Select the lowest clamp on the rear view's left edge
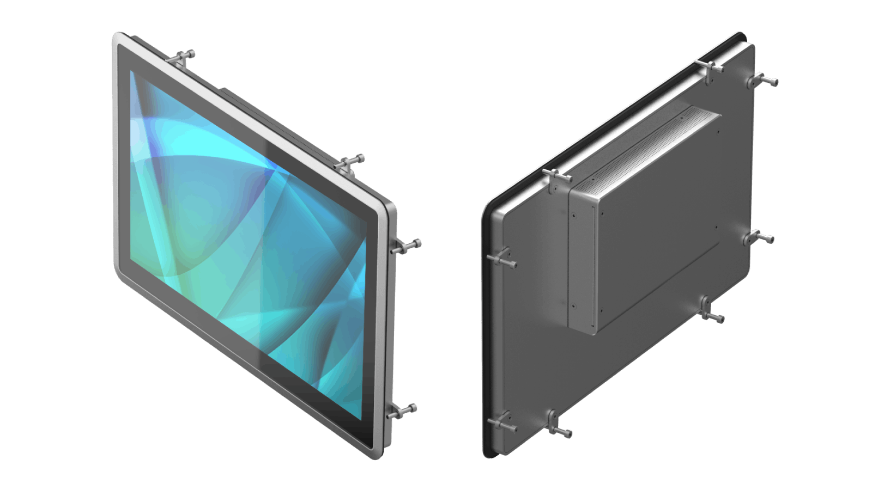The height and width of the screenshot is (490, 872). pyautogui.click(x=501, y=424)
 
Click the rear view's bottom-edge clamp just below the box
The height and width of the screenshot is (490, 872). pyautogui.click(x=710, y=310)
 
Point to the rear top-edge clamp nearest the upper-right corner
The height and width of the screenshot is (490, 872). pyautogui.click(x=712, y=70)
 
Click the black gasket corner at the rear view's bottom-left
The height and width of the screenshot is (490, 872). pyautogui.click(x=487, y=454)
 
